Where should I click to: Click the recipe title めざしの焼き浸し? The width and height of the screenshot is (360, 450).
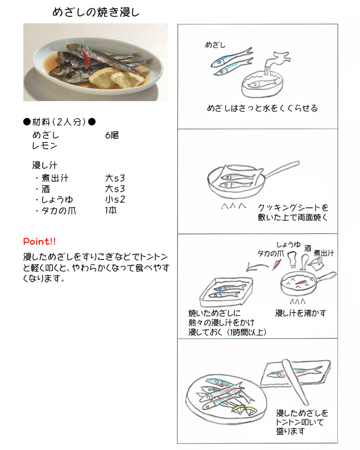click(96, 12)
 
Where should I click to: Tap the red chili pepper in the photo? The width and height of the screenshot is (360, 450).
click(86, 57)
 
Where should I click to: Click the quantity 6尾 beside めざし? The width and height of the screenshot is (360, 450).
click(112, 135)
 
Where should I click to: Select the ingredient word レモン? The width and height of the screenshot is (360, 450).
click(44, 146)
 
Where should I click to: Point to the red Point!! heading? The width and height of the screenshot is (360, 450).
click(39, 241)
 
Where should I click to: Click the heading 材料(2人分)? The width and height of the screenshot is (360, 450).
click(59, 122)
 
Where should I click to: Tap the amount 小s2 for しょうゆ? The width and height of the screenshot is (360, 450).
click(115, 199)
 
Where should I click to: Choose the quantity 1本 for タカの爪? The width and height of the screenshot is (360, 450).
click(111, 210)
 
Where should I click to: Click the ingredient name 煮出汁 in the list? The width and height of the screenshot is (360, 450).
click(55, 178)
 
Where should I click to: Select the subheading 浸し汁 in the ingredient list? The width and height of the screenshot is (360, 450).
click(44, 165)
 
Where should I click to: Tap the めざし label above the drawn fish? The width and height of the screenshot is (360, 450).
click(215, 45)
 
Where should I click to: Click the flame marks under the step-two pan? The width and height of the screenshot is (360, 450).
click(233, 205)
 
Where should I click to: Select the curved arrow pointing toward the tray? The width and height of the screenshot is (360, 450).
click(257, 267)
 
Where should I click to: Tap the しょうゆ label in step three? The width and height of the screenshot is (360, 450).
click(288, 245)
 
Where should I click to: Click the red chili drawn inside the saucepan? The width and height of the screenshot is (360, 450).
click(301, 282)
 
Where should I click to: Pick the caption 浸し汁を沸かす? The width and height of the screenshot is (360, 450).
click(301, 313)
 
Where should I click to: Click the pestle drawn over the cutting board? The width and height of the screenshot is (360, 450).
click(295, 382)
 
